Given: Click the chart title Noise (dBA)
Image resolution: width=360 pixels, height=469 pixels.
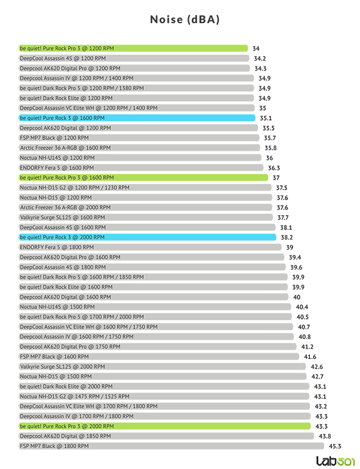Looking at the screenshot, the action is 185,19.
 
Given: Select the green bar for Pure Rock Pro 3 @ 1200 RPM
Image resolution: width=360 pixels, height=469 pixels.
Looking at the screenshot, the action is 133,48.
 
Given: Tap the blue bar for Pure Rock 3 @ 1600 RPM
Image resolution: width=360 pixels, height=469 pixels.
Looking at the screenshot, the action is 137,118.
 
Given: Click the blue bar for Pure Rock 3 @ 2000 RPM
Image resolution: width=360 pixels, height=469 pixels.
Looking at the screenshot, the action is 147,237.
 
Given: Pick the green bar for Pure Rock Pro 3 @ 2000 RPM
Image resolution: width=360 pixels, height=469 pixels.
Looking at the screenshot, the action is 165,426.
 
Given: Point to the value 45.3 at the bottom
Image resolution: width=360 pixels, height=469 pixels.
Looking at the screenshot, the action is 335,446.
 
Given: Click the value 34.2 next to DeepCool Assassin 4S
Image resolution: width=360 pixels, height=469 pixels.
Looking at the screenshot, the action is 260,58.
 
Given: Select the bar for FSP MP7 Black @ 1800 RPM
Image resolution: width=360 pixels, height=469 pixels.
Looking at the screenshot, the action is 171,446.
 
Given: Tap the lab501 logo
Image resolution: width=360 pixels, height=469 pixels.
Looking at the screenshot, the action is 336,461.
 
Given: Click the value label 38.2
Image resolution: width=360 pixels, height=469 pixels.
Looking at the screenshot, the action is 287,237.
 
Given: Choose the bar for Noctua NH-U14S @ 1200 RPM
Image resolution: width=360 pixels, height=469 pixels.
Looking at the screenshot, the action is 140,158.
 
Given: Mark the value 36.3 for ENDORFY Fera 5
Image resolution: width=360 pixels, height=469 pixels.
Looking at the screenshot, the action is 274,168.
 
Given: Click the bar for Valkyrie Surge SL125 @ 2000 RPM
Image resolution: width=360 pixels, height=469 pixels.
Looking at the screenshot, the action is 162,366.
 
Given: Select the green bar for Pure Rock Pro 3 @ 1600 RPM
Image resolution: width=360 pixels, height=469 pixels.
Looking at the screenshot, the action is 144,178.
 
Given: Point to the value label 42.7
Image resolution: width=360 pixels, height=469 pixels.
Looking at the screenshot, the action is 317,376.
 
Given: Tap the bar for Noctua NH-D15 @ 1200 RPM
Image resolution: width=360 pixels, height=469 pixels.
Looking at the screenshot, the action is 146,198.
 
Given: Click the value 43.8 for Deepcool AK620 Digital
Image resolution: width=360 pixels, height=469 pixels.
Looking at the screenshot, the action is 325,436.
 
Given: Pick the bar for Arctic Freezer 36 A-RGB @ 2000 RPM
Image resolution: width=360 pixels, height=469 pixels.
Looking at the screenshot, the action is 146,207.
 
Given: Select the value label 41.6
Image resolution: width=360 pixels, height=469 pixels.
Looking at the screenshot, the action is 310,356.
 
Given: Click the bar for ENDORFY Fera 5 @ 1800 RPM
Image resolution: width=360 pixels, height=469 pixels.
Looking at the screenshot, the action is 150,247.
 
